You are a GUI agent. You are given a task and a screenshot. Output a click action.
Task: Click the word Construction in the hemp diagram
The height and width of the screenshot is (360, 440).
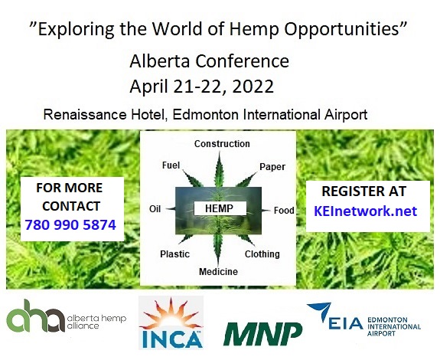point(222,144)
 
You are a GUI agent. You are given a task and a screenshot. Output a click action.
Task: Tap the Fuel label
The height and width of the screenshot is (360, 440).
point(171,165)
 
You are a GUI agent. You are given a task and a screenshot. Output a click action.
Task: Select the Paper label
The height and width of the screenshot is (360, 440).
point(272,167)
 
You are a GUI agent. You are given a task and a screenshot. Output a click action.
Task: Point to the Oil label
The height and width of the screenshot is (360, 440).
point(155,209)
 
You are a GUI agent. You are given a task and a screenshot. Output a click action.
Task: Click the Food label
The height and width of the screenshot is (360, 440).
point(284,211)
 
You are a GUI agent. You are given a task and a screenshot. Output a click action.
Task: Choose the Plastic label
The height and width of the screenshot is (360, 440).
point(174,254)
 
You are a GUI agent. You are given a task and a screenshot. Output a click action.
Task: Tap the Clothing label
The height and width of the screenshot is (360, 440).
point(262,254)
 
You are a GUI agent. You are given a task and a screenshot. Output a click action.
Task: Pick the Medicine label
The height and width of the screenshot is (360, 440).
point(218,272)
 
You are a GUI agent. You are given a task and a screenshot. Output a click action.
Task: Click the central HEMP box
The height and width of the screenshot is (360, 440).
point(220,208)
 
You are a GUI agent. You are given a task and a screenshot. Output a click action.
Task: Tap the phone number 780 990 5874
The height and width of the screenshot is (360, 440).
point(70,225)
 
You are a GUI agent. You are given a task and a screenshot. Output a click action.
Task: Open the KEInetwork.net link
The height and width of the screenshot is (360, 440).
point(365,211)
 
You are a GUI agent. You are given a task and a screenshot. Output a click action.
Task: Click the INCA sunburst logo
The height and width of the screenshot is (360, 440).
point(171,322)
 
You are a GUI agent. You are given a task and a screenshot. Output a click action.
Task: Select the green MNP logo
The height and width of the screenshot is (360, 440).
point(262,334)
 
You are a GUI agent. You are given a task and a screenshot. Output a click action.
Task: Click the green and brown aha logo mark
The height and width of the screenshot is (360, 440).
point(35,316)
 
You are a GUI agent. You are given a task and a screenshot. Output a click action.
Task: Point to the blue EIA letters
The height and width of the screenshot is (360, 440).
point(345,323)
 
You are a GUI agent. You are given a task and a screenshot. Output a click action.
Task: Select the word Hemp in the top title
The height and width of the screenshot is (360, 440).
point(254,29)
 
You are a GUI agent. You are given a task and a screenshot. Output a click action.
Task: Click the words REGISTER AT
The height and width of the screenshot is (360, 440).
point(364,191)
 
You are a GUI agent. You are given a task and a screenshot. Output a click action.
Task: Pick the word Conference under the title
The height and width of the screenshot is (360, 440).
point(242,61)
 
